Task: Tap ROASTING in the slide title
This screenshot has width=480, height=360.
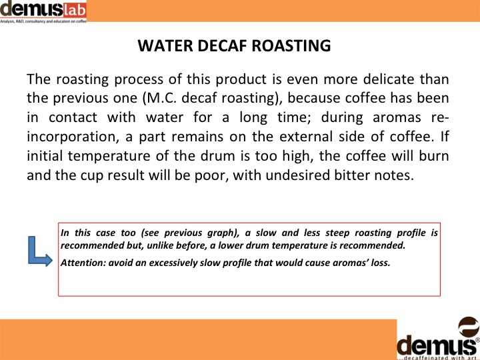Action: (x=291, y=45)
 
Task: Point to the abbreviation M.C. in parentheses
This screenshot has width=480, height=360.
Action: (x=162, y=98)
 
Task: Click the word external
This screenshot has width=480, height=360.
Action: (x=305, y=136)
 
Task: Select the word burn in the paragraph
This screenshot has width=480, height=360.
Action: (x=434, y=156)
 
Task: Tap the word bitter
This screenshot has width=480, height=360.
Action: (x=351, y=175)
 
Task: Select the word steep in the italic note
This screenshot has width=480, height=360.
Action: (x=337, y=233)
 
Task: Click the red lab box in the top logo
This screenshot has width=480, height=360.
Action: (x=75, y=11)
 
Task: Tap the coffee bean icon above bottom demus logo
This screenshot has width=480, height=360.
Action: (x=469, y=327)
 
